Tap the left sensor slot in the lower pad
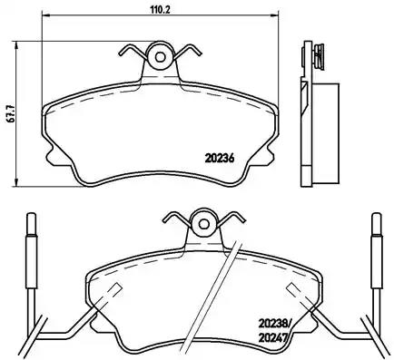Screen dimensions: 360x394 pos(113,291)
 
